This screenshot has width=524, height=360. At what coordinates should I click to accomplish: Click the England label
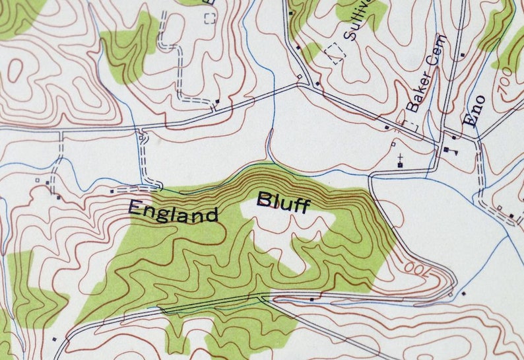173,212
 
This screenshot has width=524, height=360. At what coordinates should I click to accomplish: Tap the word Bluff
283,202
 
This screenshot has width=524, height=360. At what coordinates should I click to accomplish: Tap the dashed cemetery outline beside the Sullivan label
336,53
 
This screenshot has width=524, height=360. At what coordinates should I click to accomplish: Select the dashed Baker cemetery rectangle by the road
410,125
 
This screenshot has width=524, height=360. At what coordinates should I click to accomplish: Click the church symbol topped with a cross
400,161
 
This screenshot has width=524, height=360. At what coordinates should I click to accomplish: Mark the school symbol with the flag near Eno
450,151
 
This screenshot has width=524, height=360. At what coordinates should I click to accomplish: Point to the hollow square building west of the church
393,143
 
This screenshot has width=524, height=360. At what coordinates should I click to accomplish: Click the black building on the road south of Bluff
311,299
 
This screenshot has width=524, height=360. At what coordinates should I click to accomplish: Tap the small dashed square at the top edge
210,17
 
